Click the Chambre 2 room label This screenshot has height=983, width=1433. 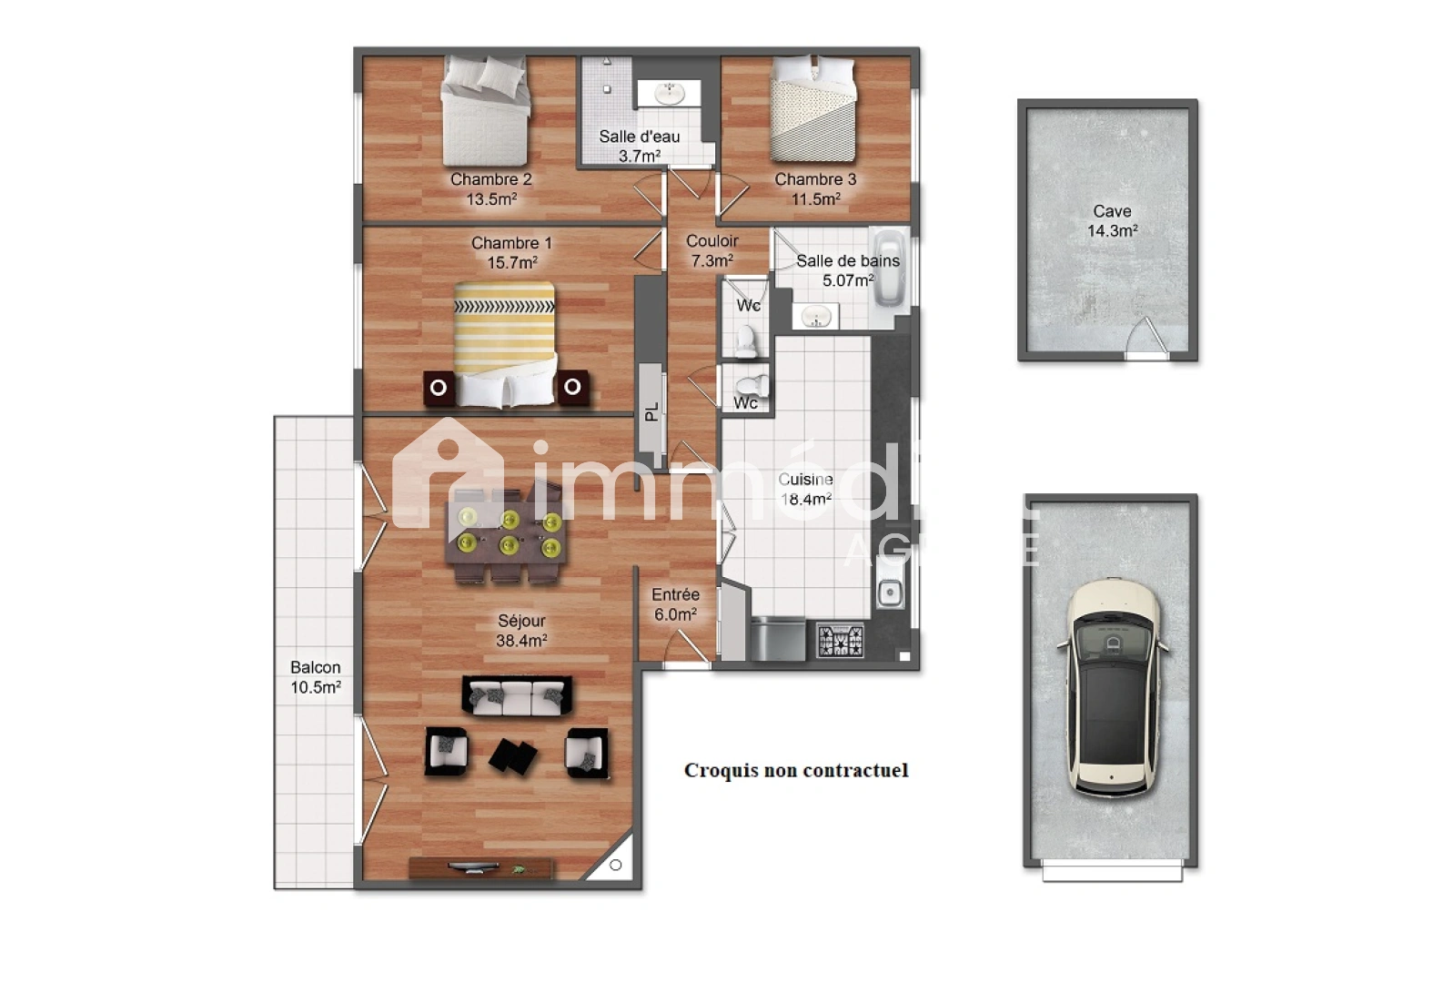coord(490,179)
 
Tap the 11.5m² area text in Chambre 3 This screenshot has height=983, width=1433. coord(815,199)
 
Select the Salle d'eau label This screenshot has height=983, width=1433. coord(639,137)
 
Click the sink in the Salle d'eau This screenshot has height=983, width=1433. coord(670,92)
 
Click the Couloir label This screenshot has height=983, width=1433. coord(711,241)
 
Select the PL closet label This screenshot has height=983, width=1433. coord(651,412)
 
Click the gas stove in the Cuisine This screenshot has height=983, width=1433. coord(840,641)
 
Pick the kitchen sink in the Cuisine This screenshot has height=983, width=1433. coord(889,593)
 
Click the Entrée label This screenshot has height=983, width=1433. coord(675,595)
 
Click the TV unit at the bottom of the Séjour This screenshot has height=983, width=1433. coord(480,867)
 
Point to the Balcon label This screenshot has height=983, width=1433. coord(315,668)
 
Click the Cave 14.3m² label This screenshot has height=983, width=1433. coord(1112,221)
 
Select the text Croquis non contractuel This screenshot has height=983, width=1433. coord(796,771)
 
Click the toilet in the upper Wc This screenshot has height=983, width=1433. coord(746,341)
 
